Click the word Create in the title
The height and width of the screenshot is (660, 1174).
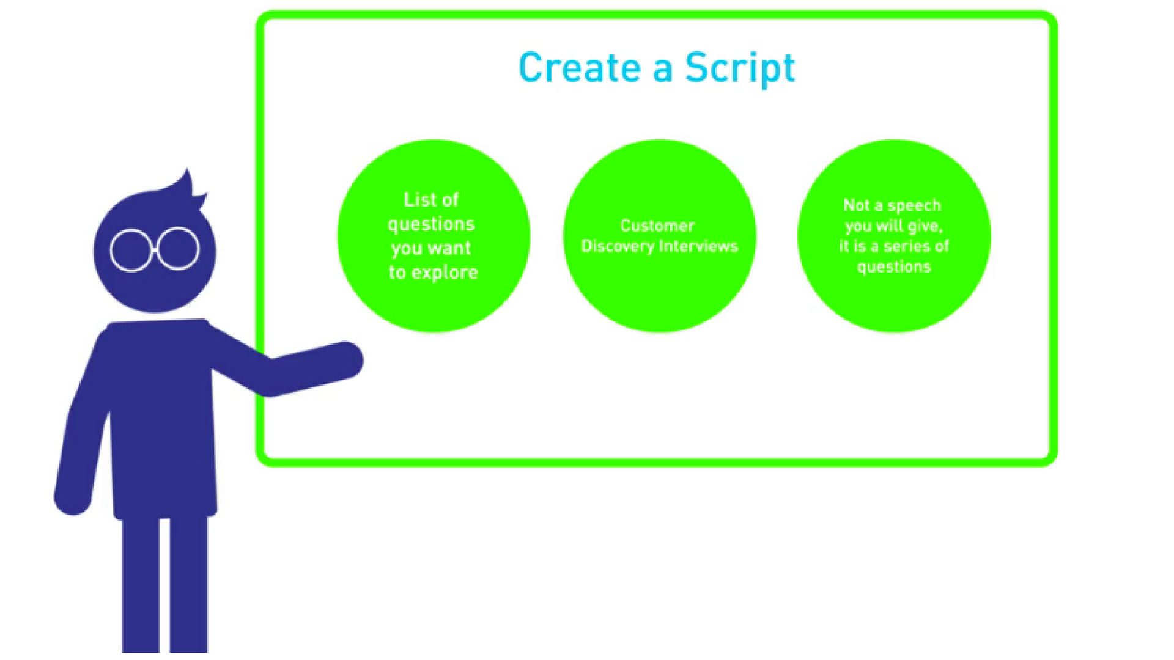(x=578, y=67)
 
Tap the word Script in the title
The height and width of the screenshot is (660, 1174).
(x=740, y=70)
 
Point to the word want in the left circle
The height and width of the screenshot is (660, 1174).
(x=449, y=249)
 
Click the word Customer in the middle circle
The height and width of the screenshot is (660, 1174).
(x=657, y=226)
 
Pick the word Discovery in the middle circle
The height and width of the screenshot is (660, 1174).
(x=618, y=247)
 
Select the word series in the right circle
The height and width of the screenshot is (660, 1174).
(x=907, y=246)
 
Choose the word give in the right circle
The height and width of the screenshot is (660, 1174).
(x=923, y=227)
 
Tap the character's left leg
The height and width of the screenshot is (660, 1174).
(x=141, y=584)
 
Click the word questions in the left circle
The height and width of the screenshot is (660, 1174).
(x=431, y=225)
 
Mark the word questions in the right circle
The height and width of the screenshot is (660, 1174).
(x=894, y=267)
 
